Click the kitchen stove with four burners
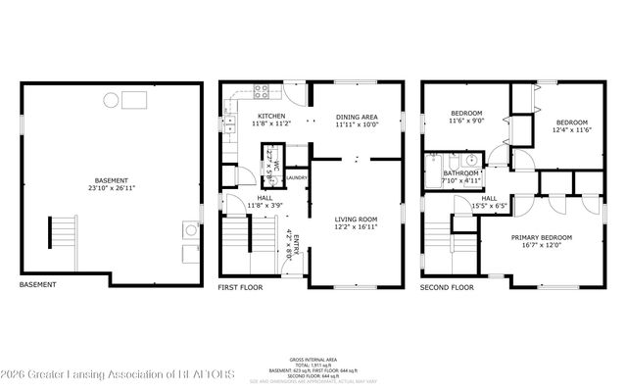[x=263, y=93]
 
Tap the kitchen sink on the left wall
[x=229, y=124]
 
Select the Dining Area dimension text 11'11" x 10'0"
[x=357, y=125]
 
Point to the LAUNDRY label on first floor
[x=298, y=177]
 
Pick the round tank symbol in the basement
[x=112, y=99]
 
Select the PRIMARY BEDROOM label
[x=542, y=237]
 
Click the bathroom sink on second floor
[x=471, y=160]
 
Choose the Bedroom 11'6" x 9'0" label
[x=467, y=117]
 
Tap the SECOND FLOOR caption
[x=447, y=288]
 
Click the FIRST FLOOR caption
[x=241, y=288]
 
